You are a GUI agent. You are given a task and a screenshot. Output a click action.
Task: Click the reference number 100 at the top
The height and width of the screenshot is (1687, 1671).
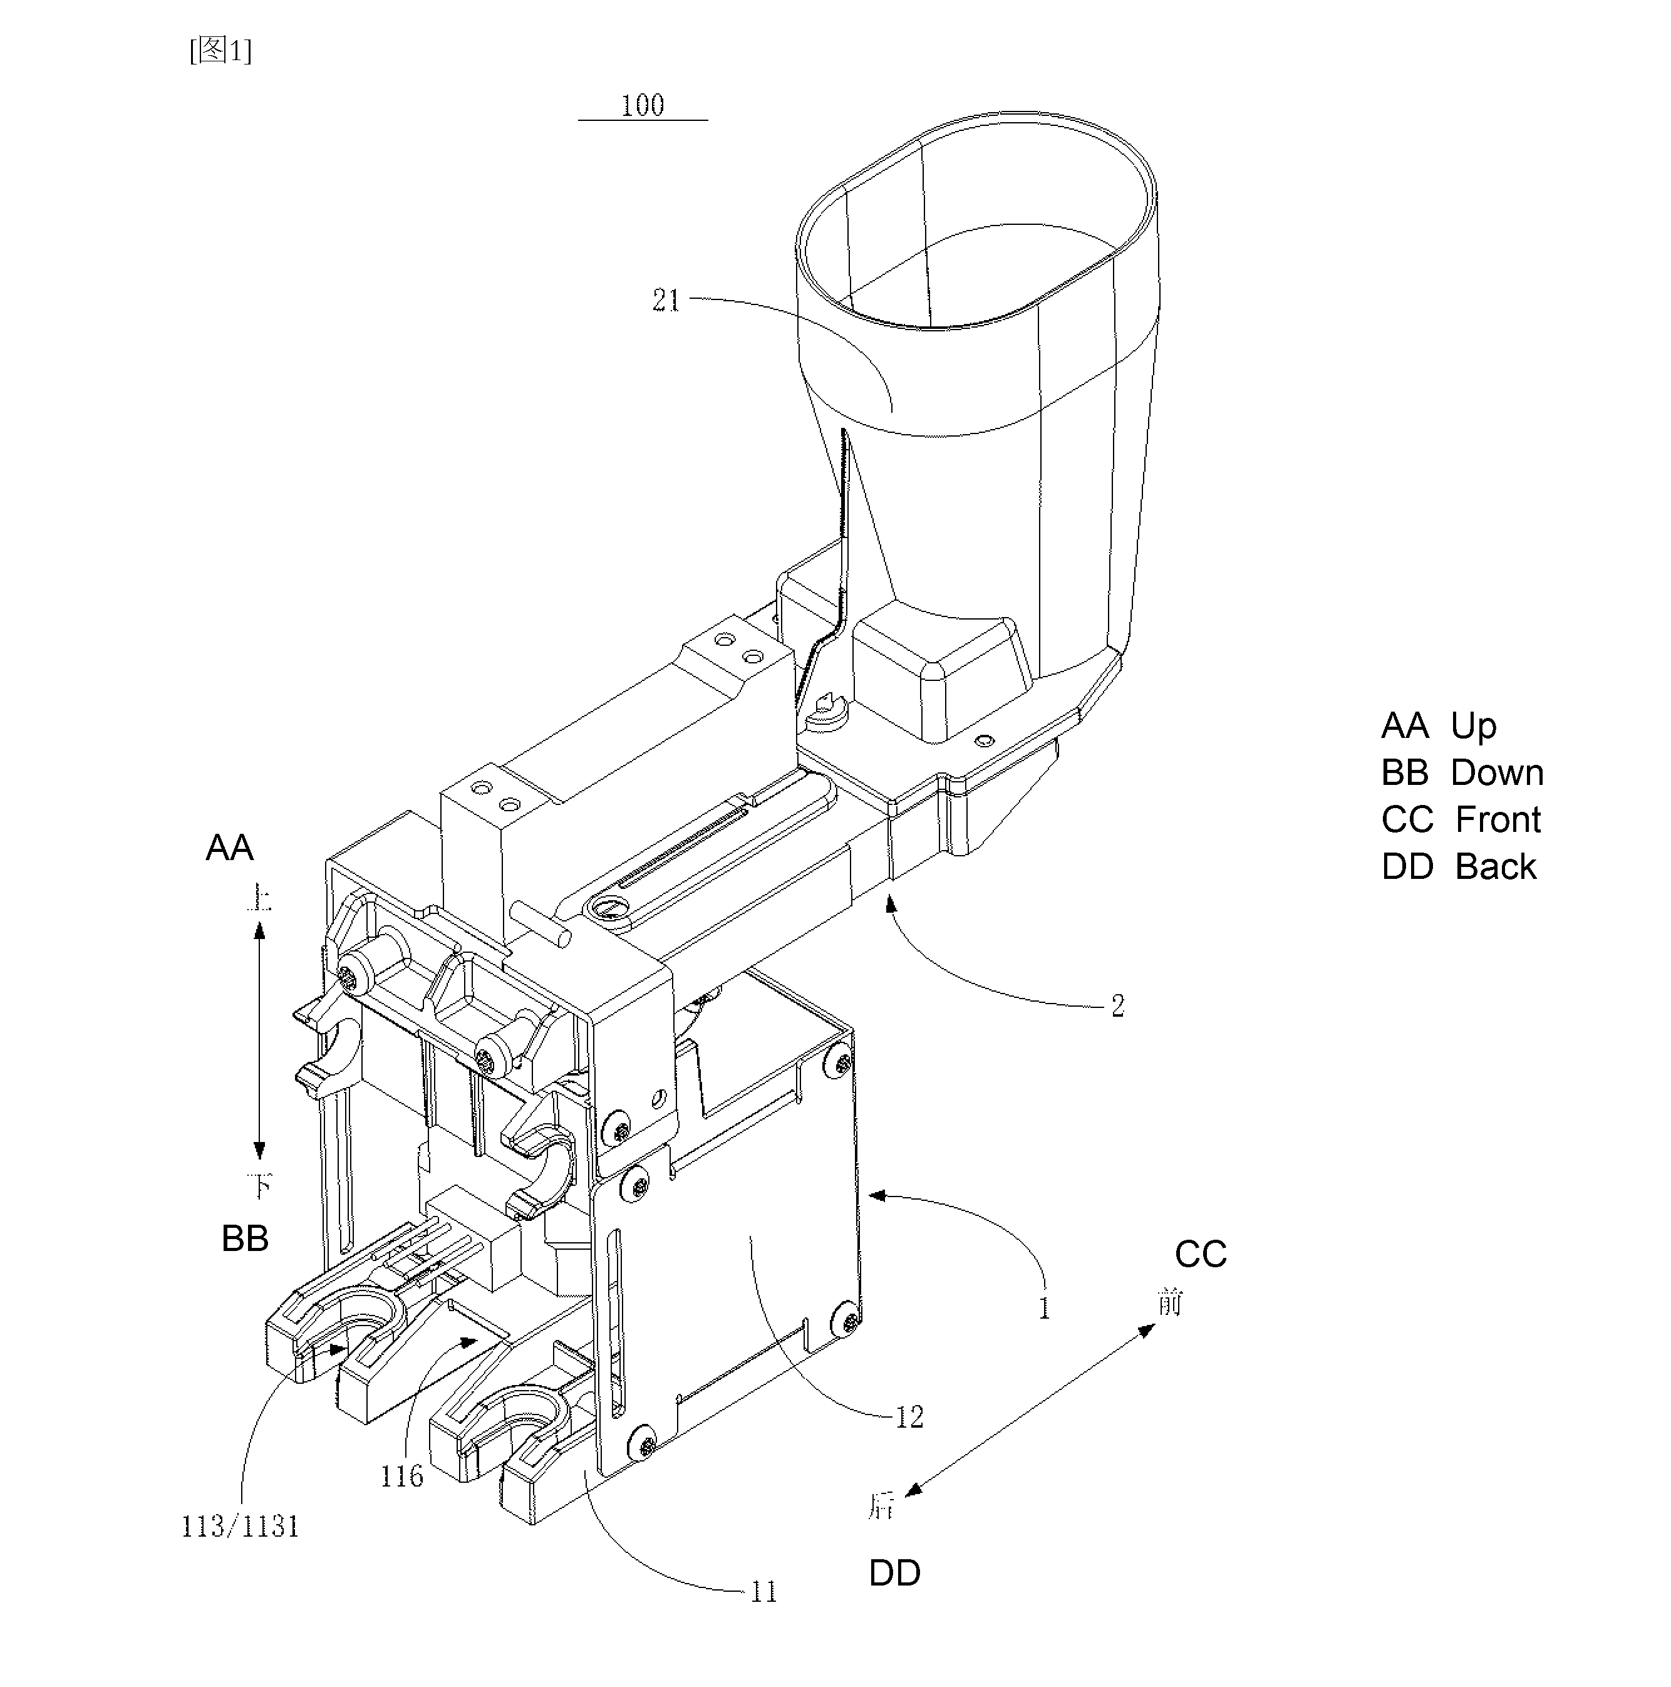(643, 106)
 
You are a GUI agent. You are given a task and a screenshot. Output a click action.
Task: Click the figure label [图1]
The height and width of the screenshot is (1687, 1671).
(221, 51)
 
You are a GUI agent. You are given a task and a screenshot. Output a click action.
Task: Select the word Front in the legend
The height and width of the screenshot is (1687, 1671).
(1498, 820)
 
